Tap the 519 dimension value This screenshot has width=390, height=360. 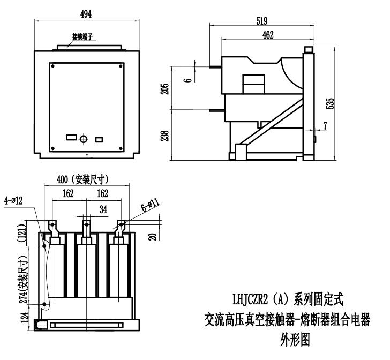pyautogui.click(x=262, y=20)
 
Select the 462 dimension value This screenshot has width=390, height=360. pyautogui.click(x=268, y=35)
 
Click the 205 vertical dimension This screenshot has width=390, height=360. pyautogui.click(x=166, y=87)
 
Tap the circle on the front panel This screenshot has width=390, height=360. pyautogui.click(x=83, y=139)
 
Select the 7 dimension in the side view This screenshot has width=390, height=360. pyautogui.click(x=325, y=126)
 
